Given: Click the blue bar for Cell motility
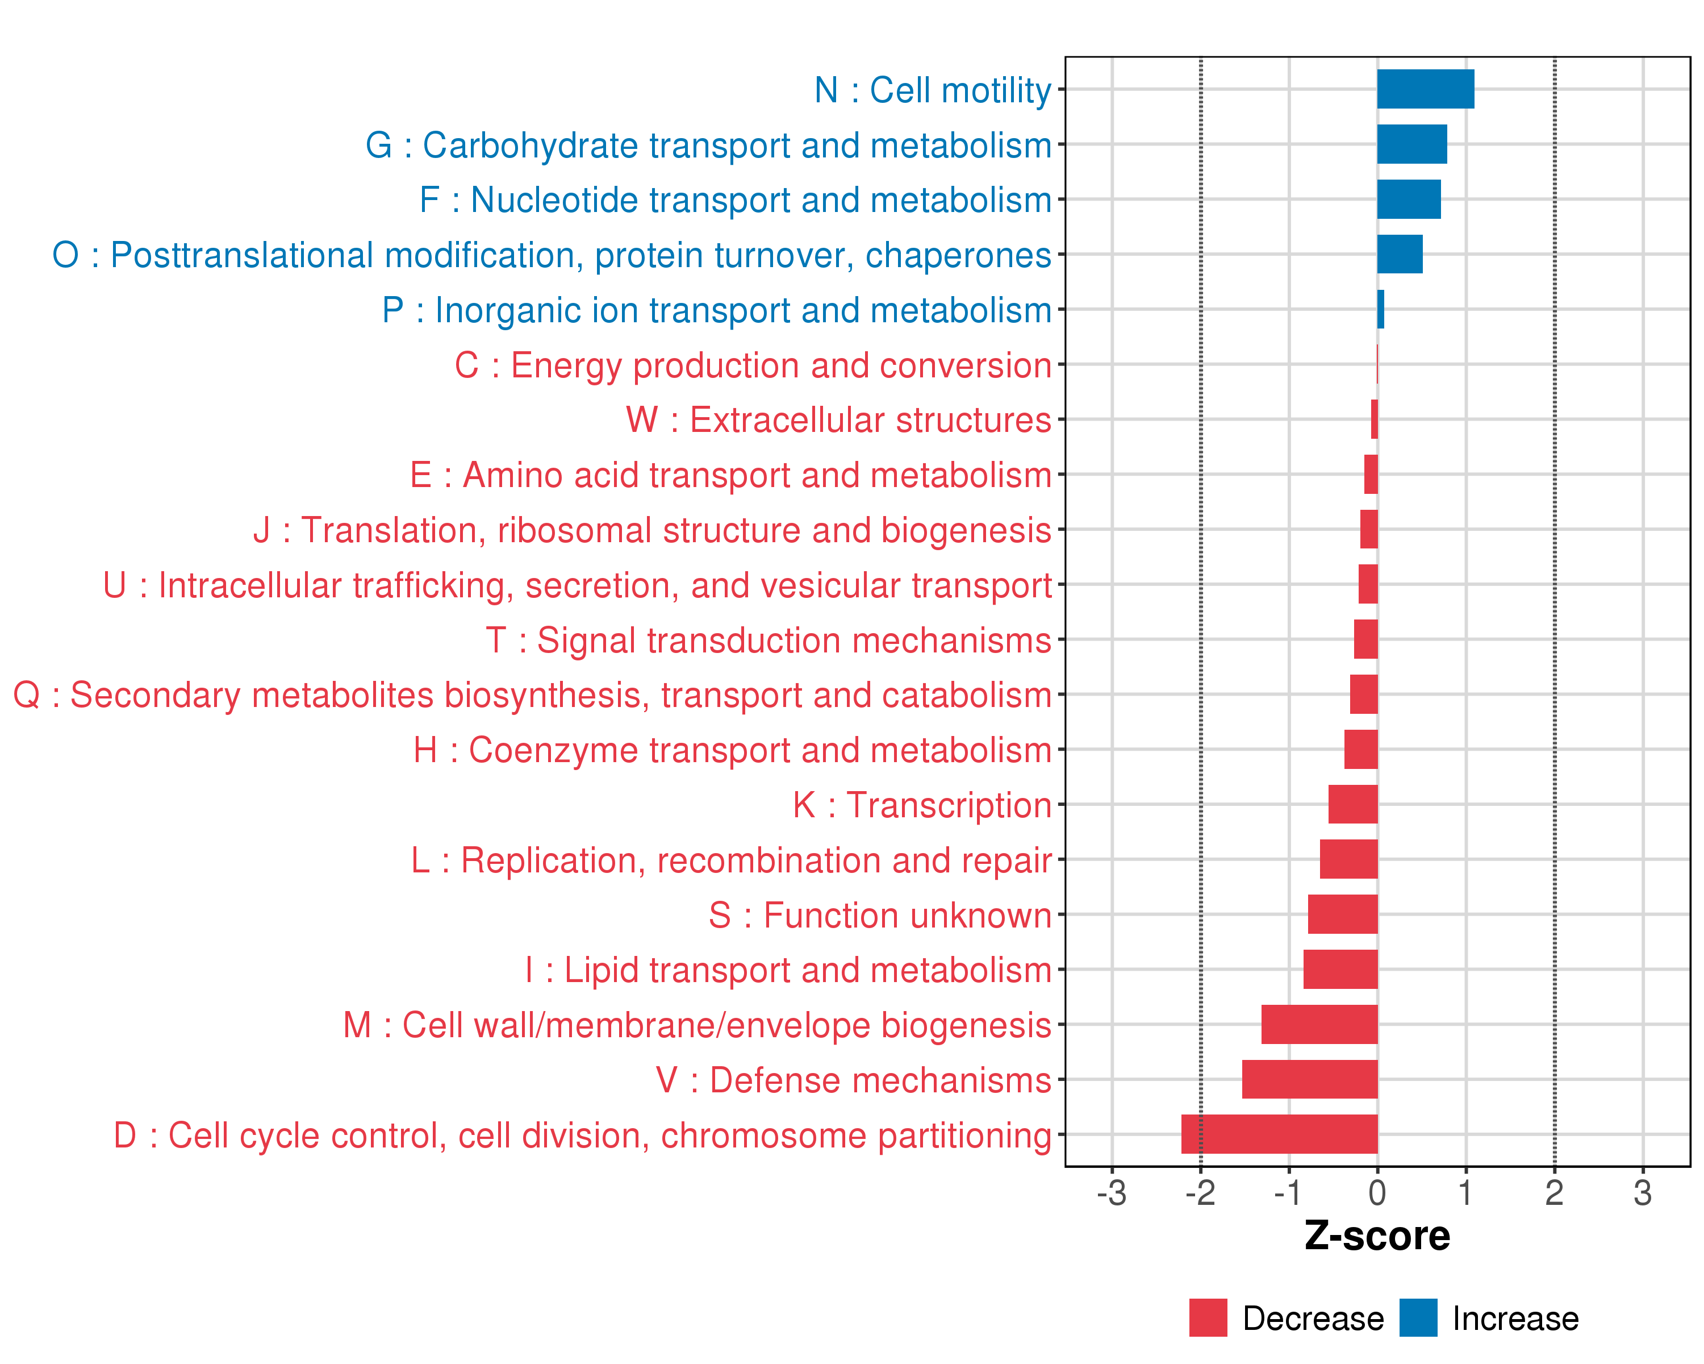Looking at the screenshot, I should point(1425,89).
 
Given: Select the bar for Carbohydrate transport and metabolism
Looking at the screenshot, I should point(1411,144).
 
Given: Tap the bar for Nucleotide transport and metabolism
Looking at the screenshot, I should point(1409,199).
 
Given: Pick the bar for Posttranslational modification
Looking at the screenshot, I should point(1400,255).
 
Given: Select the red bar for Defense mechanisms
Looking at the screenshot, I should point(1310,1079).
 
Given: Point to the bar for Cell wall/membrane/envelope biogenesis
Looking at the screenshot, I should point(1319,1024).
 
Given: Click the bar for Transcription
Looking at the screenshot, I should point(1353,804).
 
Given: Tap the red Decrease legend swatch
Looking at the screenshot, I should point(1208,1318).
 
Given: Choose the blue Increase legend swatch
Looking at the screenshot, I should point(1418,1318).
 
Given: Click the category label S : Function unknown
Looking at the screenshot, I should point(880,916).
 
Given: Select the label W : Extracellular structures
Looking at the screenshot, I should point(838,420).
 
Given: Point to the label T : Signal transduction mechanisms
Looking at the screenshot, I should point(769,641).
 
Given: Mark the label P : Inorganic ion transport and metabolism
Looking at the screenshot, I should point(716,310).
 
